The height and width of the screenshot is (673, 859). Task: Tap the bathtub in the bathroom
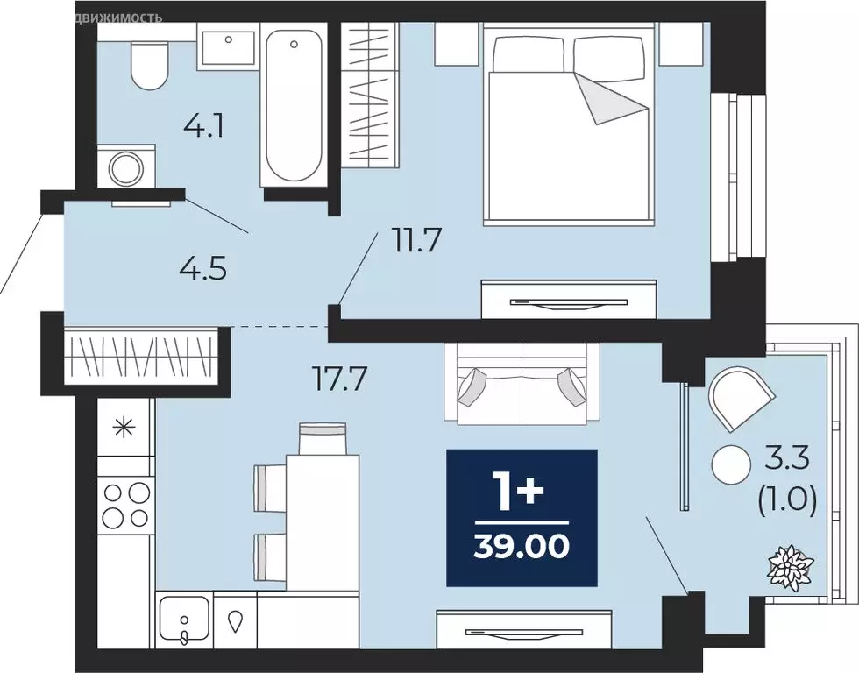[293, 105]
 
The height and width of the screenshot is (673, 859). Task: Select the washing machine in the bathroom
[125, 167]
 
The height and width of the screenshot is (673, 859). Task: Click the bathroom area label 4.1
[203, 128]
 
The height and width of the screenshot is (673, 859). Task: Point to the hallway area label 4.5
[204, 268]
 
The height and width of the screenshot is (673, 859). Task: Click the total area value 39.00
[522, 546]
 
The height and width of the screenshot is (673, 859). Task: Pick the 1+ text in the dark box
[522, 492]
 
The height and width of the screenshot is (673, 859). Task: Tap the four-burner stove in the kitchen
[126, 505]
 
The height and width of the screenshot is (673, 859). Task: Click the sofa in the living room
[522, 384]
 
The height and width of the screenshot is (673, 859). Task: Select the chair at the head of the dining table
[323, 438]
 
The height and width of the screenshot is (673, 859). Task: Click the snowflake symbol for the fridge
[126, 429]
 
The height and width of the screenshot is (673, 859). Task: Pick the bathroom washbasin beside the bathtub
[228, 49]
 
